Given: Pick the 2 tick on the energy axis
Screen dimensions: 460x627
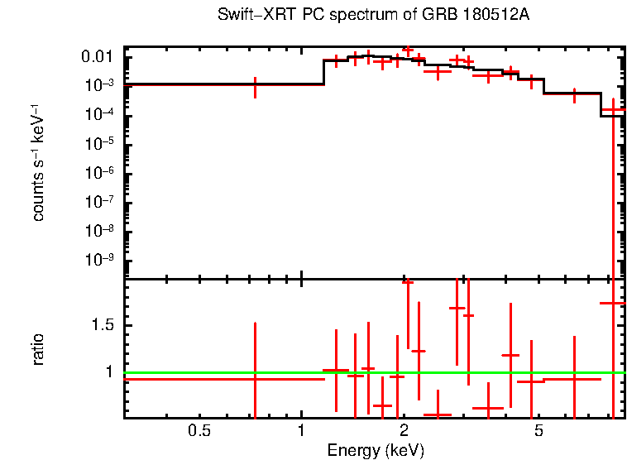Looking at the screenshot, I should [404, 430].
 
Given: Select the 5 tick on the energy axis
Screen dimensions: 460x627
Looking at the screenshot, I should [538, 430].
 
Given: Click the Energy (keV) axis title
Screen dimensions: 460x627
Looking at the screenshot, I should [376, 450].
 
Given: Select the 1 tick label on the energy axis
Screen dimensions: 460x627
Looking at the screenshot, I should [301, 430].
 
